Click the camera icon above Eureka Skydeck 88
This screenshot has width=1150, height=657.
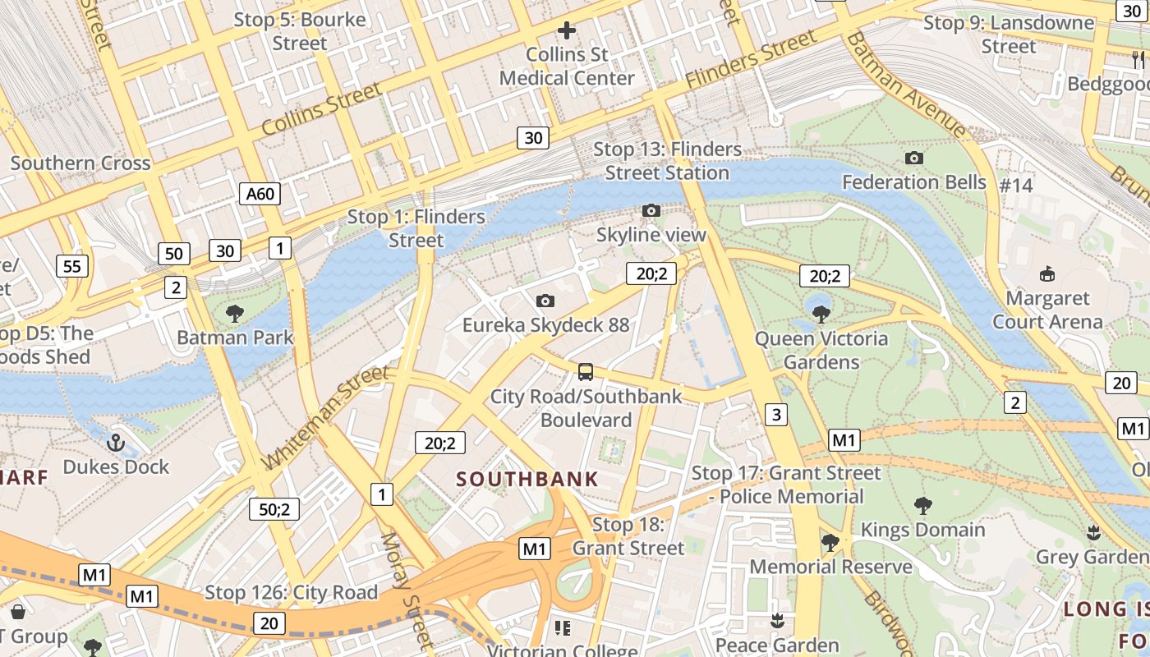pyautogui.click(x=545, y=301)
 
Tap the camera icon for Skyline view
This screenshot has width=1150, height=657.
pyautogui.click(x=651, y=211)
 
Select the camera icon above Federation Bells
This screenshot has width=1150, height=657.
pyautogui.click(x=913, y=158)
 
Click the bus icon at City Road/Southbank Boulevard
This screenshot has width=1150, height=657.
pyautogui.click(x=586, y=372)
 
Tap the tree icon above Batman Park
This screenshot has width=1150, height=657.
pyautogui.click(x=235, y=313)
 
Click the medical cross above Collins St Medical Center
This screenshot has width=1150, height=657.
pyautogui.click(x=566, y=31)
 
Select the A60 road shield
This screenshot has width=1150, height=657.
pyautogui.click(x=260, y=194)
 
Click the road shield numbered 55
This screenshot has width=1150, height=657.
pyautogui.click(x=72, y=266)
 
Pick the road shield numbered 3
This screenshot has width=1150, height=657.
pyautogui.click(x=776, y=414)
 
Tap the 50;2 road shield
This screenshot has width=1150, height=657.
pyautogui.click(x=274, y=509)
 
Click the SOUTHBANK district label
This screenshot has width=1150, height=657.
pyautogui.click(x=527, y=480)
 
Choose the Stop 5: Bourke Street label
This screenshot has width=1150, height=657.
pyautogui.click(x=300, y=31)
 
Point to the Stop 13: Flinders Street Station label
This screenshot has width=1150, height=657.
pyautogui.click(x=667, y=161)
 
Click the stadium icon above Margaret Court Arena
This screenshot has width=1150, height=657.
pyautogui.click(x=1047, y=273)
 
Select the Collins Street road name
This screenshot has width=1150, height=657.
pyautogui.click(x=321, y=109)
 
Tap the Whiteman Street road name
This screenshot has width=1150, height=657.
pyautogui.click(x=326, y=417)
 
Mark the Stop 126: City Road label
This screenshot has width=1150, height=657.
pyautogui.click(x=291, y=592)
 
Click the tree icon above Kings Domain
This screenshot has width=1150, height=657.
pyautogui.click(x=922, y=505)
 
